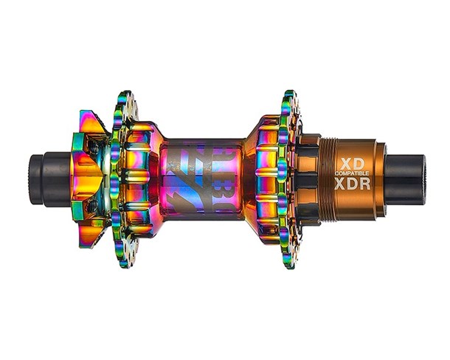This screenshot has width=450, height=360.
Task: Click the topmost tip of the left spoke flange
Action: [x=125, y=95]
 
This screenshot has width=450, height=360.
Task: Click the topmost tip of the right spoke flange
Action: [x=288, y=94]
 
